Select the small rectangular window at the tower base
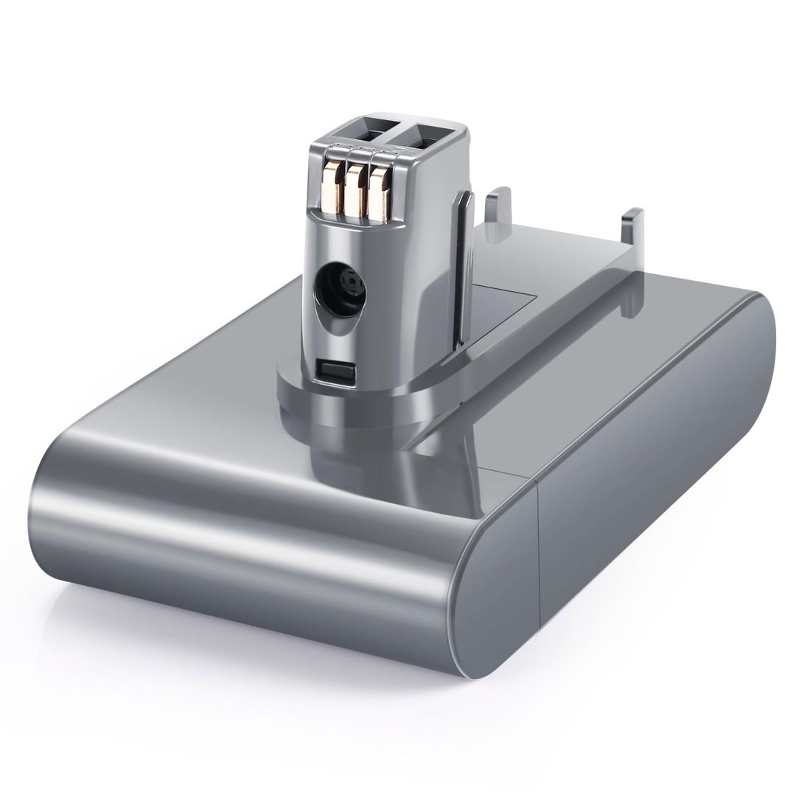(x=332, y=369)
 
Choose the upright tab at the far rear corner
(x=632, y=233)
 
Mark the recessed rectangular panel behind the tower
(x=509, y=310)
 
